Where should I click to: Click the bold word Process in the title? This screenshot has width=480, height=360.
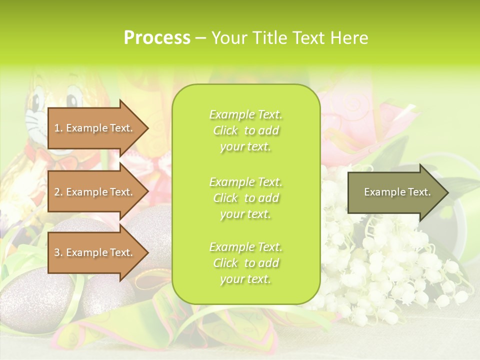(157, 38)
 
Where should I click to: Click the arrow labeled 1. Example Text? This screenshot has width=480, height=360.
(95, 128)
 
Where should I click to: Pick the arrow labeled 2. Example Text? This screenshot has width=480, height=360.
(95, 192)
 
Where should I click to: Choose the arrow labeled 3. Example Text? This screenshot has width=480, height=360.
(95, 252)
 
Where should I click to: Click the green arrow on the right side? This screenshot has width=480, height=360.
(395, 192)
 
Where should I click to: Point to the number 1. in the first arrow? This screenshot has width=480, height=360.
(58, 128)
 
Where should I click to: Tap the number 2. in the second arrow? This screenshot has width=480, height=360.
(58, 192)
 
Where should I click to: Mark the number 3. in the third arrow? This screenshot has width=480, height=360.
(58, 252)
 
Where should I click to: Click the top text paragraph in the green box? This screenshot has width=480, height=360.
(245, 130)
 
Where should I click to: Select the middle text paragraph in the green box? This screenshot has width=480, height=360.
(245, 198)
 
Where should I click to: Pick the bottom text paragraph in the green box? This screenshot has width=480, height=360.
(245, 263)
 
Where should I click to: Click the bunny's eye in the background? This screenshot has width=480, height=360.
(72, 95)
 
